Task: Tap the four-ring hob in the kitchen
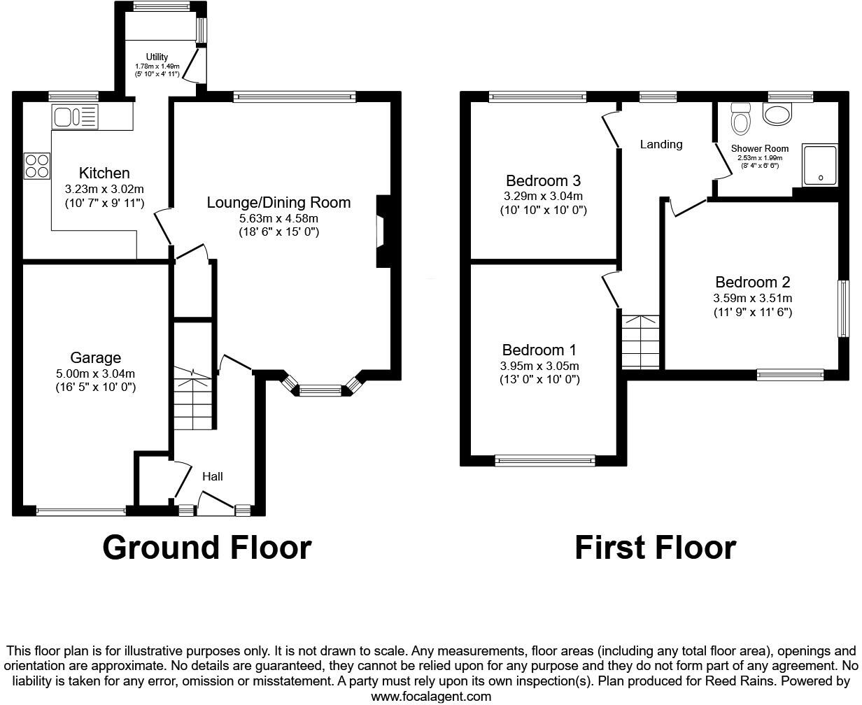click(x=37, y=165)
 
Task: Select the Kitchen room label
click(x=104, y=173)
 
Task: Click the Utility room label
click(x=157, y=57)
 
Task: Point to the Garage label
click(x=95, y=357)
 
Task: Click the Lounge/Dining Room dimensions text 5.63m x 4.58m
click(x=278, y=218)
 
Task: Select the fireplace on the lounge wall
click(x=382, y=232)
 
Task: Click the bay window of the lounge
click(x=320, y=390)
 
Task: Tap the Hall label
click(x=213, y=476)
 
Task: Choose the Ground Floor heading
click(x=206, y=548)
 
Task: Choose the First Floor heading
click(x=655, y=548)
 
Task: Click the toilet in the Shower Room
click(x=740, y=119)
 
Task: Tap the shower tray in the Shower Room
click(x=820, y=165)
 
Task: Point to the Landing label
click(x=661, y=144)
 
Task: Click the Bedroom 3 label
click(x=543, y=179)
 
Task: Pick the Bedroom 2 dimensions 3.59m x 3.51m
click(x=752, y=298)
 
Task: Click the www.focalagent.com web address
click(x=431, y=696)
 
